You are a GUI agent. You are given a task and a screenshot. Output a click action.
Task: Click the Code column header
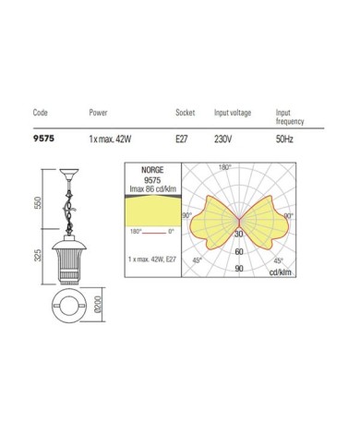[41, 113]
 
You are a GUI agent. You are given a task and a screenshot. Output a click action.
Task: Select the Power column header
[98, 113]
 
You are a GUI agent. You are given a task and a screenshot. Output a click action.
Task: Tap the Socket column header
[186, 113]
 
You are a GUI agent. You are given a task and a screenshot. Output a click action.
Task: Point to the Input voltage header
[233, 113]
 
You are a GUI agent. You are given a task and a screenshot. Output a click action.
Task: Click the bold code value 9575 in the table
[43, 139]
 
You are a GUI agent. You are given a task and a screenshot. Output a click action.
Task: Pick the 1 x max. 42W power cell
[110, 139]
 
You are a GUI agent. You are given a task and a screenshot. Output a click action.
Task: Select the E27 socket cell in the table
[182, 139]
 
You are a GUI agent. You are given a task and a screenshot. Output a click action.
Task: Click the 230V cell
[222, 139]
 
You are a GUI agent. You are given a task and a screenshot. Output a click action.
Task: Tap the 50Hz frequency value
[284, 139]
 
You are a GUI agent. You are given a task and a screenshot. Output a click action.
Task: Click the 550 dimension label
[38, 202]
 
